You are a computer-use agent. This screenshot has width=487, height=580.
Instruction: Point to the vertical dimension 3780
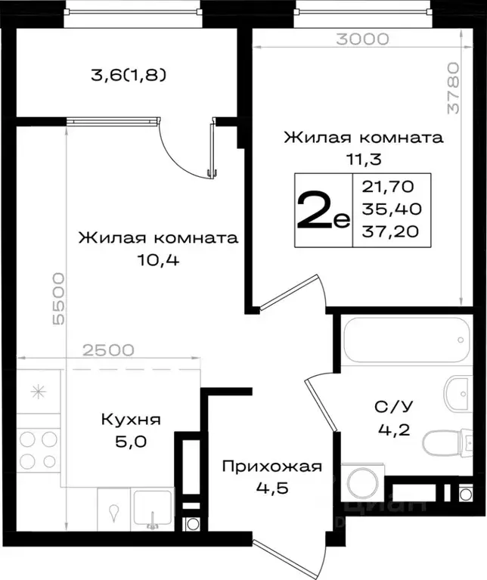(x=452, y=88)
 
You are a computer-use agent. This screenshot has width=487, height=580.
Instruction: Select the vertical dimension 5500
(x=59, y=299)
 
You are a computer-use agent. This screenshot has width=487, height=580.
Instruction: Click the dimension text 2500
(x=109, y=350)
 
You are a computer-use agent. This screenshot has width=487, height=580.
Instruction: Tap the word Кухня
(x=132, y=419)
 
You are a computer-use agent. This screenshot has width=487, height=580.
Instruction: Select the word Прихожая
(x=271, y=466)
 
